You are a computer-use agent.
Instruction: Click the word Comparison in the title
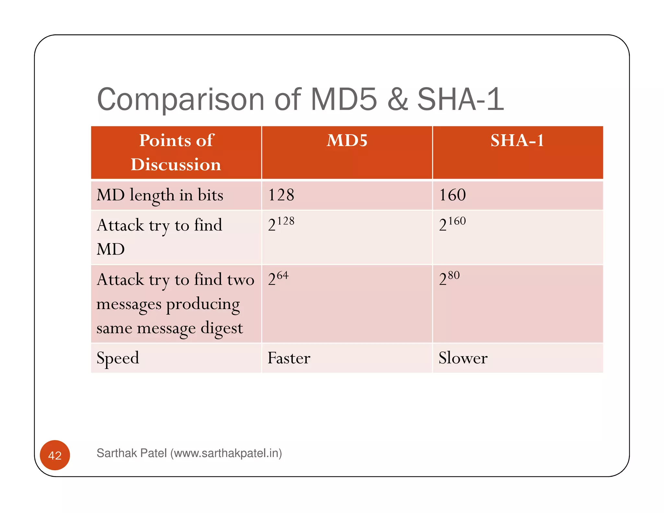coord(181,100)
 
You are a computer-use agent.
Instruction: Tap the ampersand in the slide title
coord(397,100)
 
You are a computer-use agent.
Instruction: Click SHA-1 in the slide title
coord(460,100)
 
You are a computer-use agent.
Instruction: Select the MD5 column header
coord(347,141)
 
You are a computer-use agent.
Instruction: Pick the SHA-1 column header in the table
coord(517,141)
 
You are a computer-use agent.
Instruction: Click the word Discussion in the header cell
coord(176,165)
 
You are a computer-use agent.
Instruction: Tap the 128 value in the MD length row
coord(281,195)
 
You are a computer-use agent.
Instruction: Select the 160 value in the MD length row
coord(452,195)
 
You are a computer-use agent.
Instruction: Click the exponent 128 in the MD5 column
coord(286,221)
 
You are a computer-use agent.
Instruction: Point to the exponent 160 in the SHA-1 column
coord(457,221)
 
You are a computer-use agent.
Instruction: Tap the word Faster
coord(289,358)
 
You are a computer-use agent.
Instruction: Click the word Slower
coord(463,358)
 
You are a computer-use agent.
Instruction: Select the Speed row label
coord(118,358)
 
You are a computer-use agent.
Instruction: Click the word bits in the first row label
coord(210,195)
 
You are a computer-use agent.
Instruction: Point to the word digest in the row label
coord(222,328)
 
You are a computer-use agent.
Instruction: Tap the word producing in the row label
coord(203,304)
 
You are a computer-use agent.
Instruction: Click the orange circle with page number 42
coord(55,455)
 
